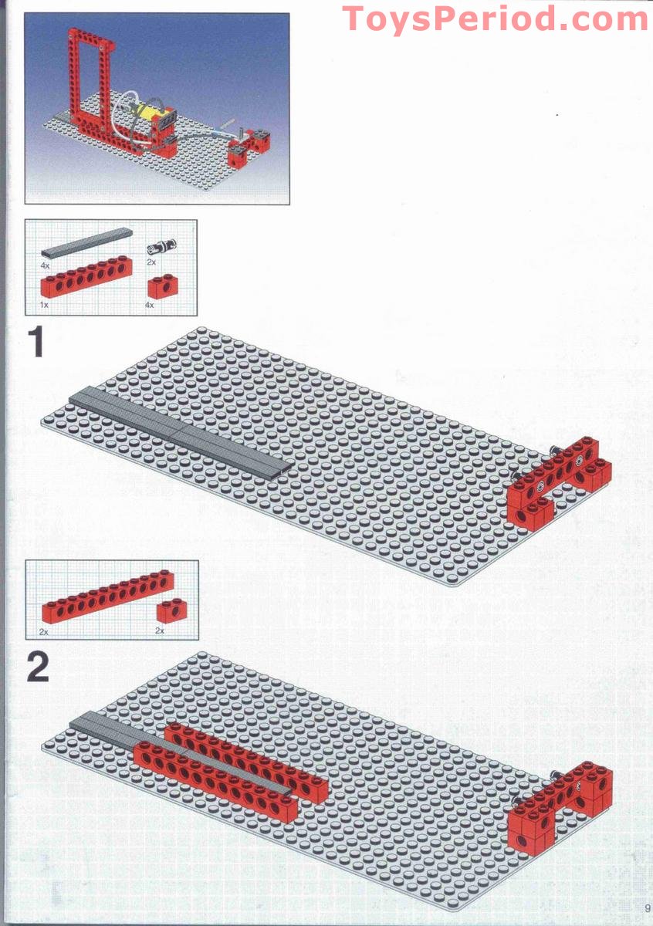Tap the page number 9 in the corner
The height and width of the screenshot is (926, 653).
pos(647,907)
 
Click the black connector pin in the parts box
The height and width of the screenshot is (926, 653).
pos(164,247)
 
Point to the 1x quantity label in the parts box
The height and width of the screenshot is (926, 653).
pos(45,306)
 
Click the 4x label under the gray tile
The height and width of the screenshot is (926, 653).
pos(46,265)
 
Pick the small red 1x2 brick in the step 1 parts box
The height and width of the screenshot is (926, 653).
pos(161,287)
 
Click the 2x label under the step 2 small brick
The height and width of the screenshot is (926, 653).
pos(161,631)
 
